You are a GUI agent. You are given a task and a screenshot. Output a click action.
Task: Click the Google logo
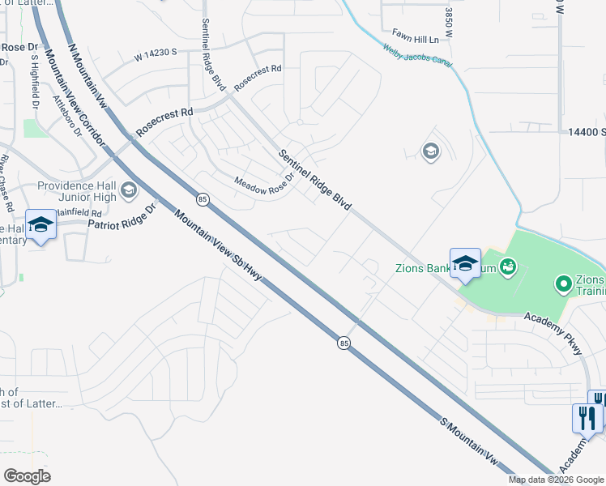pos(27,476)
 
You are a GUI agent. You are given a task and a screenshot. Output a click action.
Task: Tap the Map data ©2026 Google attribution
pos(555,480)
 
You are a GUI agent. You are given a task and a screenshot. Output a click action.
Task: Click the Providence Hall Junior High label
pos(76,191)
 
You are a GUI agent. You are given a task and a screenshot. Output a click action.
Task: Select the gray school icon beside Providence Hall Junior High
pos(128,190)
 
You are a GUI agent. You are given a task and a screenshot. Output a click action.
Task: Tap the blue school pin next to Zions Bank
pos(465,263)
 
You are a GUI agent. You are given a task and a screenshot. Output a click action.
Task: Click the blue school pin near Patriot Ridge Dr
pos(40,224)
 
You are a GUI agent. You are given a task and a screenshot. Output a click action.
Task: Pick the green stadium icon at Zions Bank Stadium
pos(509,266)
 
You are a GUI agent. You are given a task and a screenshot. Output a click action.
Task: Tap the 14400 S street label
pos(586,131)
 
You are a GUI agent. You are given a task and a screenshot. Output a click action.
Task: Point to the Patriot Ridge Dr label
pos(121,217)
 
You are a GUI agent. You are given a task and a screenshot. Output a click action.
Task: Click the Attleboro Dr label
pos(68,116)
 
